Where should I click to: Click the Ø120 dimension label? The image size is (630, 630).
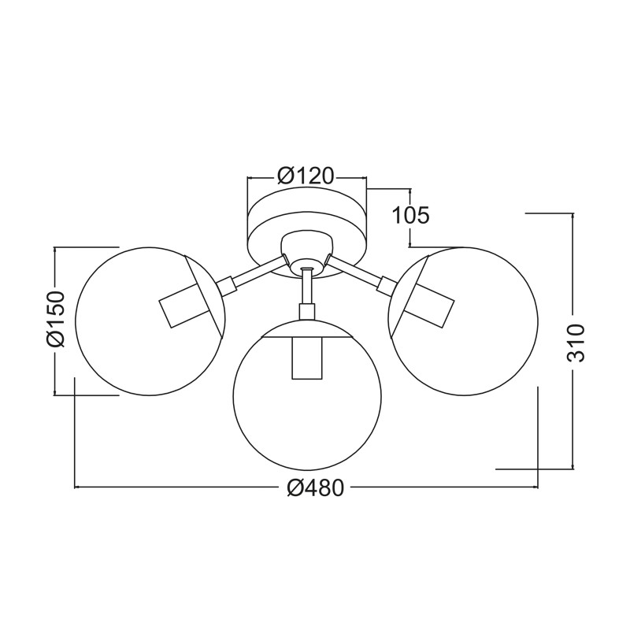click(306, 176)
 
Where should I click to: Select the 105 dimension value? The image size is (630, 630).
click(410, 216)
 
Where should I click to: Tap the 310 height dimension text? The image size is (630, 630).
click(576, 343)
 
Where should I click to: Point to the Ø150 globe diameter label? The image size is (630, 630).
click(55, 320)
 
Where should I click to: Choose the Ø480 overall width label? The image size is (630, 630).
click(316, 488)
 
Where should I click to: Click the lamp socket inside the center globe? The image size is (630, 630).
click(307, 358)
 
